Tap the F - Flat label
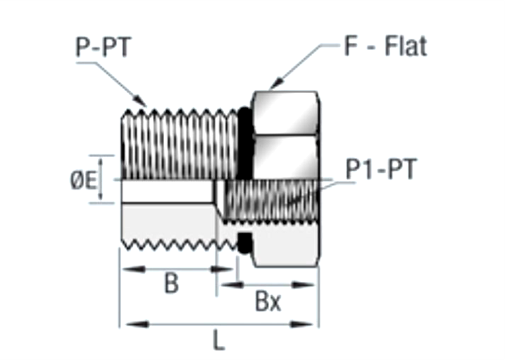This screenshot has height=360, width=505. click(x=385, y=46)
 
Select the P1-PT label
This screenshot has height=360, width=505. click(x=381, y=170)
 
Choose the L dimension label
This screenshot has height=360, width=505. click(x=219, y=341)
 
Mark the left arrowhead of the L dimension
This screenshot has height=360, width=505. click(x=125, y=324)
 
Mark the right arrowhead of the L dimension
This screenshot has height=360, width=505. click(x=313, y=324)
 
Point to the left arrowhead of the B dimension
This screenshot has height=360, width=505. click(x=127, y=268)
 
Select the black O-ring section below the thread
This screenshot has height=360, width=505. click(x=244, y=243)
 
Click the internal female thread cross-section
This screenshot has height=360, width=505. click(x=271, y=201)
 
